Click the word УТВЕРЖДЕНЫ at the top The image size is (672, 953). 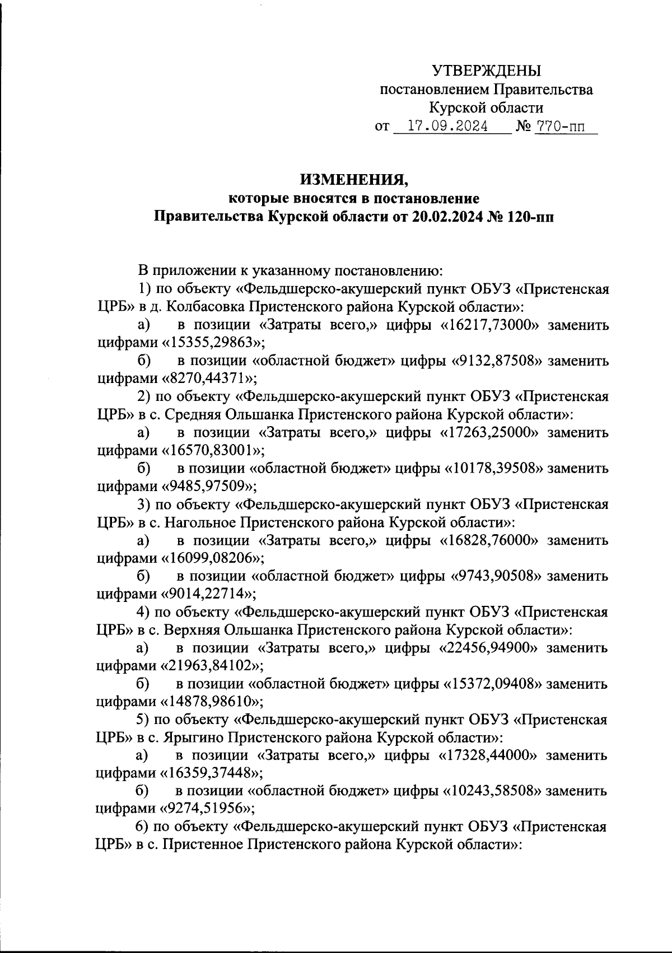(x=487, y=71)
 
